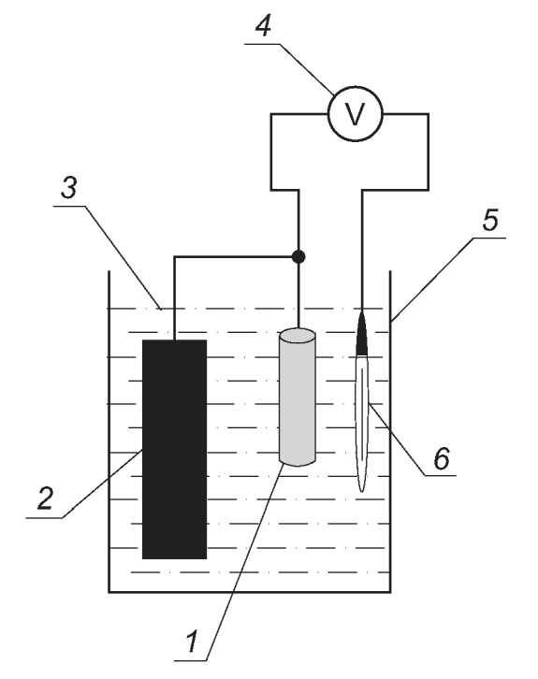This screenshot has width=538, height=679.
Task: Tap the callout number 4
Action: pyautogui.click(x=263, y=26)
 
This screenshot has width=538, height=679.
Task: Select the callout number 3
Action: pyautogui.click(x=69, y=188)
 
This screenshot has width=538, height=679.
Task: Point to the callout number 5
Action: pyautogui.click(x=490, y=220)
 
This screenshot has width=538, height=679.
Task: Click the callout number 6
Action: pyautogui.click(x=442, y=458)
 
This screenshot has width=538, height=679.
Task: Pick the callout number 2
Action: pyautogui.click(x=45, y=498)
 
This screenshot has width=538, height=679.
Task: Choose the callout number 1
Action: pyautogui.click(x=192, y=642)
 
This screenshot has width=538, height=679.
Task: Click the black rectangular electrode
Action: pyautogui.click(x=175, y=449)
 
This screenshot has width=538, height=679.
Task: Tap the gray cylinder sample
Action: pyautogui.click(x=298, y=397)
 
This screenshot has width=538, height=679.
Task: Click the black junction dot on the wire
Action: pyautogui.click(x=298, y=257)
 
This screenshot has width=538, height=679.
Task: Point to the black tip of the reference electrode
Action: pyautogui.click(x=362, y=333)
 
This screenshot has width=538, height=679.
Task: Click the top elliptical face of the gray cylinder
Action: pyautogui.click(x=298, y=335)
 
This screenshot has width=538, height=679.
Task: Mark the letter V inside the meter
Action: pyautogui.click(x=356, y=114)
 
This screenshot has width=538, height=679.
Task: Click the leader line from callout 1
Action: pyautogui.click(x=243, y=562)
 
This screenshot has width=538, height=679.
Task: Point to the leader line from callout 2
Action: pyautogui.click(x=103, y=484)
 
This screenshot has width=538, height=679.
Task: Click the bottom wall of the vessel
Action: pyautogui.click(x=250, y=592)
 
